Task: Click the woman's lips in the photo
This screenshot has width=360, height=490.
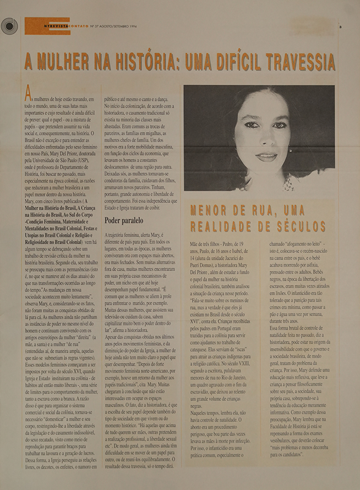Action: (x=268, y=156)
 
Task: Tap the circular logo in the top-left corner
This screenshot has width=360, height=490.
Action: (x=9, y=26)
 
